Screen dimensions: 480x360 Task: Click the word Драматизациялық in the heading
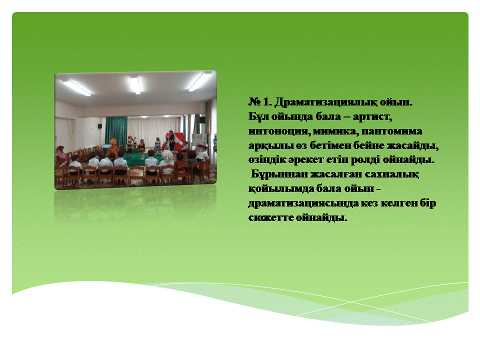(x=325, y=102)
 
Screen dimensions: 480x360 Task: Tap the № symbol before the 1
(x=254, y=101)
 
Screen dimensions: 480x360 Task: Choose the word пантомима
(x=392, y=131)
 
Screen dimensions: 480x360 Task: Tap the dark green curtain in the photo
(x=116, y=132)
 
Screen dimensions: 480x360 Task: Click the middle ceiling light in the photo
(x=135, y=84)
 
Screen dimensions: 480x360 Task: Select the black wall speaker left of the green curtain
(x=100, y=125)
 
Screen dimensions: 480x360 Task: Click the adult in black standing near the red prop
(x=171, y=140)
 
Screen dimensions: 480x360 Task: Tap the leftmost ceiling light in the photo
(x=76, y=88)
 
